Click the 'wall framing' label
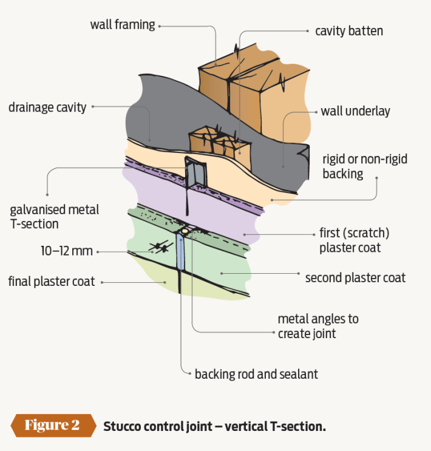pos(123,25)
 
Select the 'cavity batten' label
pos(348,31)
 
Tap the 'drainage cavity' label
pos(47,107)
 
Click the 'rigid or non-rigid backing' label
pos(364,166)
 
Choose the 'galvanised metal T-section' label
pos(55,217)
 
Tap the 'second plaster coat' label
pos(355,277)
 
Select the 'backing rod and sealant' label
pos(256,374)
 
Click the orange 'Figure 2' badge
pos(52,425)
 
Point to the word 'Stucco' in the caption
pos(123,426)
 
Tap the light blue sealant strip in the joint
pos(181,261)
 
